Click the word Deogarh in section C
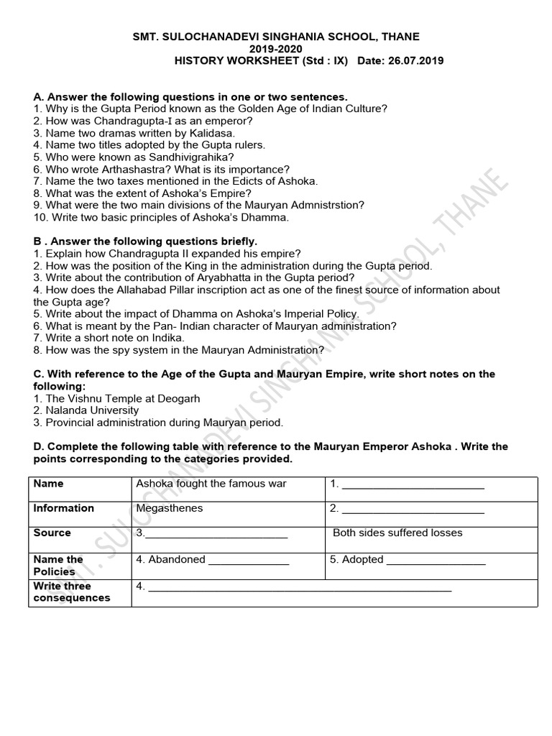(176, 398)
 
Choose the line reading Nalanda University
(92, 410)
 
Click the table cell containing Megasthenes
(170, 508)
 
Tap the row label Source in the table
(52, 533)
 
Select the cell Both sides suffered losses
(397, 533)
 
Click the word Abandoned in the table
(176, 559)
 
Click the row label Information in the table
(64, 508)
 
